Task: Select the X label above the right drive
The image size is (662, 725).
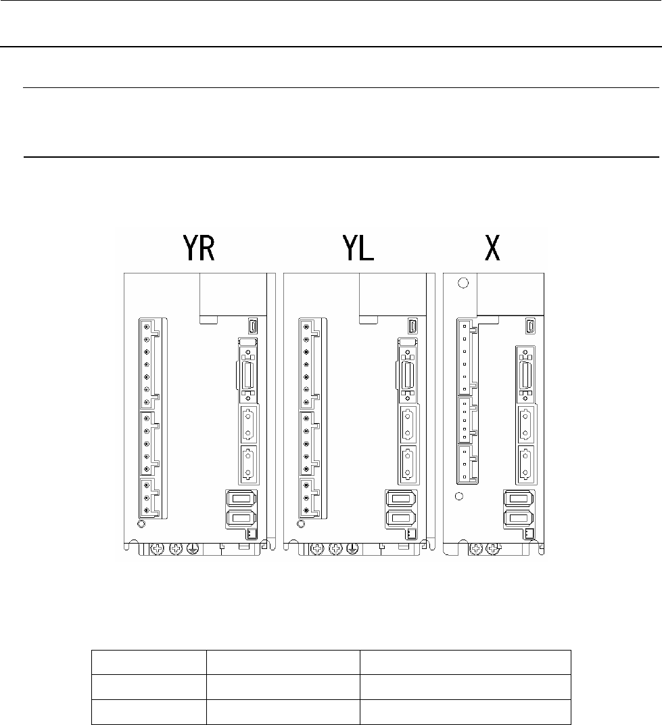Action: click(x=494, y=249)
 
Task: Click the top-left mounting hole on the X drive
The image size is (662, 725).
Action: click(x=463, y=283)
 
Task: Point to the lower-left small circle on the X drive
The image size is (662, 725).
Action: click(x=458, y=496)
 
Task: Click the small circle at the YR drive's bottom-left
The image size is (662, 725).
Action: click(x=141, y=523)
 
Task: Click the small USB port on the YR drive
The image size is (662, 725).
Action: click(x=252, y=326)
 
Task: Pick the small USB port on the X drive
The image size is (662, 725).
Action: click(x=529, y=326)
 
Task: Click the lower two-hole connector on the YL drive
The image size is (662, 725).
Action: click(x=407, y=464)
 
